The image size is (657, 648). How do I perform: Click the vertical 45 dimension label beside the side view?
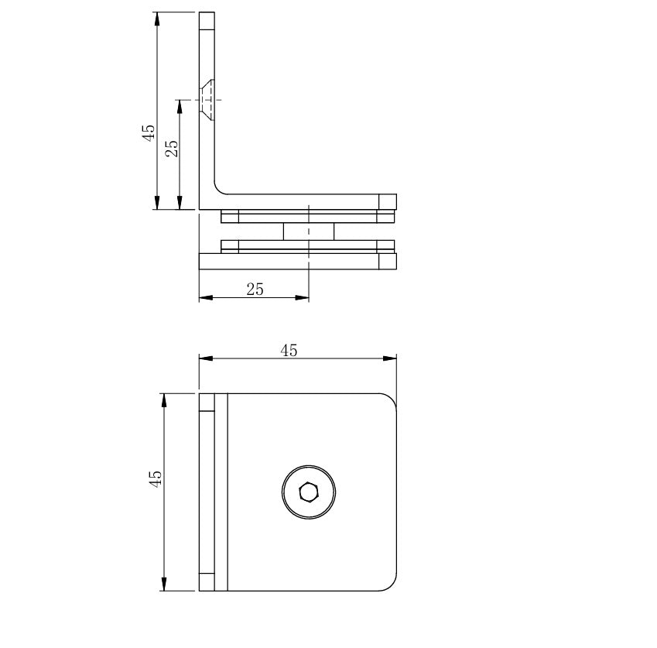(x=148, y=133)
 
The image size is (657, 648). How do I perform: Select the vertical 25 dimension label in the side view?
(x=172, y=148)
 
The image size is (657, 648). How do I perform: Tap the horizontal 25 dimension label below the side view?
(x=255, y=290)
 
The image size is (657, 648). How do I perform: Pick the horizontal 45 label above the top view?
(x=289, y=351)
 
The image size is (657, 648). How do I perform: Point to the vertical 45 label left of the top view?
(x=155, y=478)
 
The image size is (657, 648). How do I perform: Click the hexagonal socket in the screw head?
(x=309, y=492)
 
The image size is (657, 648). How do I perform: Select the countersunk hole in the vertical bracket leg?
(x=207, y=99)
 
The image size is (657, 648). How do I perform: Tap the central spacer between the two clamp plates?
(x=308, y=231)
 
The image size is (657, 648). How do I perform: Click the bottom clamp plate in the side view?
(x=297, y=262)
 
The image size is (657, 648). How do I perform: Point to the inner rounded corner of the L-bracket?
(x=219, y=189)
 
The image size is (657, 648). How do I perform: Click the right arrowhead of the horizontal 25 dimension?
(x=304, y=297)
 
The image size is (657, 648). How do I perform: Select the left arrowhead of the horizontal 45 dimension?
(x=204, y=358)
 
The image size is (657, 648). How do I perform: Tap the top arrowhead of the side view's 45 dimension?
(x=157, y=18)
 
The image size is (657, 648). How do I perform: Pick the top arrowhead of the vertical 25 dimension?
(x=180, y=105)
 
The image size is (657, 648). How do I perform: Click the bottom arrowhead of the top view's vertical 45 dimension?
(x=164, y=586)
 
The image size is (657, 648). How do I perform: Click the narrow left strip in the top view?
(x=207, y=492)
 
